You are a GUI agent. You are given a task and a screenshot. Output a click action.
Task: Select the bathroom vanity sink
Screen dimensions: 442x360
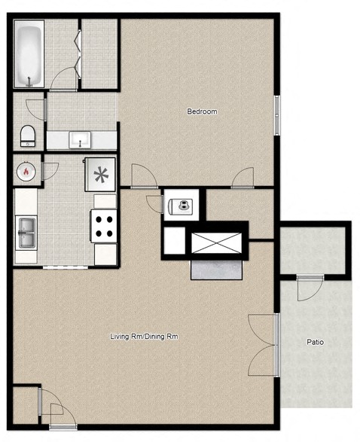79,139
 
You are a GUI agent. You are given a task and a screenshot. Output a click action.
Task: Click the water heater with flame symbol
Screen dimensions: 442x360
27,171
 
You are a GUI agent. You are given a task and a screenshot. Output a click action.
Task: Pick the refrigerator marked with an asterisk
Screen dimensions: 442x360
99,175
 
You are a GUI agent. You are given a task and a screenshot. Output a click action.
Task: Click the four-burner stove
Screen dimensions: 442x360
104,224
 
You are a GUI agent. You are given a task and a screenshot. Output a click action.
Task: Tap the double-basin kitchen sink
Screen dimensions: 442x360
26,232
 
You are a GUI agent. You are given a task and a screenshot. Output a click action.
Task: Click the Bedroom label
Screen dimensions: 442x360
202,112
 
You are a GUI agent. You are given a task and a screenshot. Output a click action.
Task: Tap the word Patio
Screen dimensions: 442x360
315,342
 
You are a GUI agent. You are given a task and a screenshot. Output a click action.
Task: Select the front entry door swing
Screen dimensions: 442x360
53,412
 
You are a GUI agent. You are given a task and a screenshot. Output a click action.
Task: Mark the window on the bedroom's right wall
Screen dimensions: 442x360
276,115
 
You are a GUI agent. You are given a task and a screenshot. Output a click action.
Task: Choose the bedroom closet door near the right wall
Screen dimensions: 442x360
243,179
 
